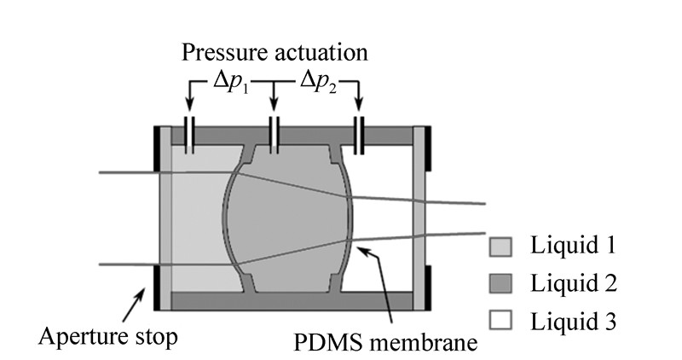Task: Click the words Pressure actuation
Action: (275, 53)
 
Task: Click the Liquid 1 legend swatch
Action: (498, 247)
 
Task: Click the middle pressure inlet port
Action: (275, 136)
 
